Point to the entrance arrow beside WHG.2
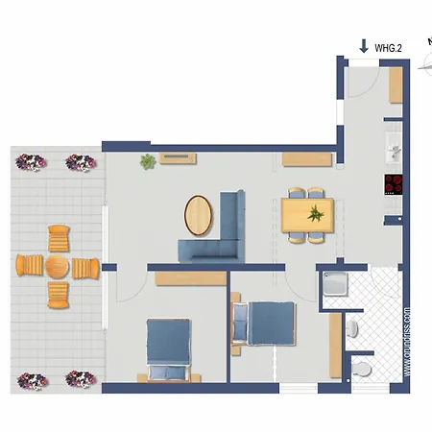pos(363,45)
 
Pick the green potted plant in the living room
pos(148,161)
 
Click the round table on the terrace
pos(58,267)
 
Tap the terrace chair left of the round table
pos(28,265)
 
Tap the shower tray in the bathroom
pos(337,287)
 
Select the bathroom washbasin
pos(352,328)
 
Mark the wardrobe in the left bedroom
pos(187,277)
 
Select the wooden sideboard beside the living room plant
pos(179,157)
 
